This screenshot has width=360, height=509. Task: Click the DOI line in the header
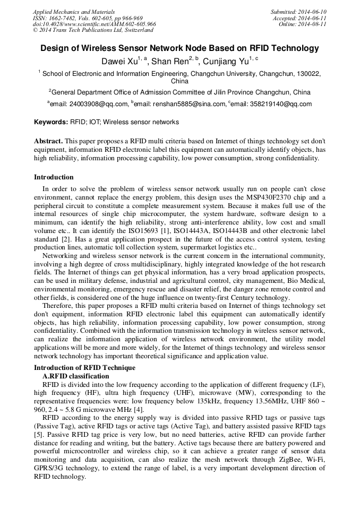(x=95, y=24)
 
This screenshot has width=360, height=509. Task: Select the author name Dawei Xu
(x=119, y=62)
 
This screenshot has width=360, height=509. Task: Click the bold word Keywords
(x=51, y=122)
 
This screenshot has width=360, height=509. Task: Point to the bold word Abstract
(x=48, y=141)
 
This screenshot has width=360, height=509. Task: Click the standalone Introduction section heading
(x=54, y=177)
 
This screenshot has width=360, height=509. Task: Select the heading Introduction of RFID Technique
(x=84, y=368)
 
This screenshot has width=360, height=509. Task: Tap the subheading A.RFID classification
(x=75, y=376)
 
